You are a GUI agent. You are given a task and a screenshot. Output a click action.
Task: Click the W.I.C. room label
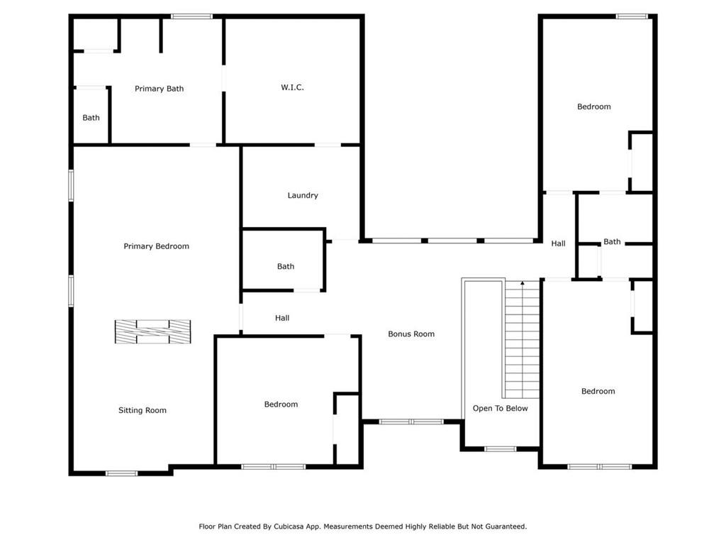(x=292, y=87)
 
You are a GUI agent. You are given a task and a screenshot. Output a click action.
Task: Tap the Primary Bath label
(x=159, y=89)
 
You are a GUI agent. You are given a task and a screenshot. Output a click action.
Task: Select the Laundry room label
(x=302, y=196)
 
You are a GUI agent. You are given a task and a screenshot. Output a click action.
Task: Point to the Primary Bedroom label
(x=156, y=246)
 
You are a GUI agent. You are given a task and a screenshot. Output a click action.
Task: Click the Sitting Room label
(x=142, y=410)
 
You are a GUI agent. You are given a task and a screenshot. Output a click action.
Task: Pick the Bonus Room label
(x=411, y=334)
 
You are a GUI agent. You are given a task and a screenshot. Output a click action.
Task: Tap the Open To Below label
(x=500, y=408)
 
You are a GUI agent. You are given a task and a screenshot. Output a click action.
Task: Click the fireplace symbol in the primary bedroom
(x=153, y=332)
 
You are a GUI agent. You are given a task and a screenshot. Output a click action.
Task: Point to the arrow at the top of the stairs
(x=523, y=282)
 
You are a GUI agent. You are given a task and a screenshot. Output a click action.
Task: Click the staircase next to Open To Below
(x=523, y=339)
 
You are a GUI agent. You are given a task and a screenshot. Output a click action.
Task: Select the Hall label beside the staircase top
(x=558, y=243)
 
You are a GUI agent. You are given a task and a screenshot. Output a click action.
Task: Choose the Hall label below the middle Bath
(x=282, y=318)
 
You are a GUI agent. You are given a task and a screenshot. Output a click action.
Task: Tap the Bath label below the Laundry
(x=285, y=267)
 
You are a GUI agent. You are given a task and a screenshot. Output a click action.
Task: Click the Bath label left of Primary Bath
(x=91, y=118)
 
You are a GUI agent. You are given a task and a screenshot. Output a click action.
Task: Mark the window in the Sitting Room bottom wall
(x=121, y=473)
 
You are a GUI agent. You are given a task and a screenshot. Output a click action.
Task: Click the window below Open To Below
(x=500, y=448)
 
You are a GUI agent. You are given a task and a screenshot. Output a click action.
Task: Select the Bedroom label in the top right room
(x=593, y=106)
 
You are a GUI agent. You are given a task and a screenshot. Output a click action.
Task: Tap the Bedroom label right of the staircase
(x=598, y=391)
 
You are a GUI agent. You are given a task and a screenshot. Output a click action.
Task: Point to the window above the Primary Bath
(x=191, y=17)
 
